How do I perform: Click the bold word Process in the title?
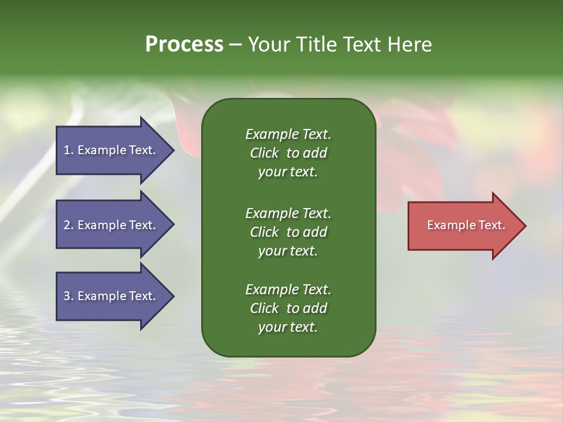click(x=184, y=45)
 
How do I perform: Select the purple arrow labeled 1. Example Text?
click(x=111, y=150)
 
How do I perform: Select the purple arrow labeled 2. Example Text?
click(x=111, y=225)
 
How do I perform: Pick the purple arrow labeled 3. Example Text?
click(x=111, y=296)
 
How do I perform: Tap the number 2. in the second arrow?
click(x=69, y=225)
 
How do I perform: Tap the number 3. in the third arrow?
click(x=69, y=296)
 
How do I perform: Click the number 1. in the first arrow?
click(x=68, y=150)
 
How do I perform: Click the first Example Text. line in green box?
click(x=288, y=134)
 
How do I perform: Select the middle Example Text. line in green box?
click(x=288, y=213)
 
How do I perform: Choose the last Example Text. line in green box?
click(x=288, y=290)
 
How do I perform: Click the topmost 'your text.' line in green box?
click(x=288, y=172)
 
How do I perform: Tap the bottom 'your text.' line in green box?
click(x=288, y=328)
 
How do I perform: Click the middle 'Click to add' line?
click(x=288, y=232)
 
